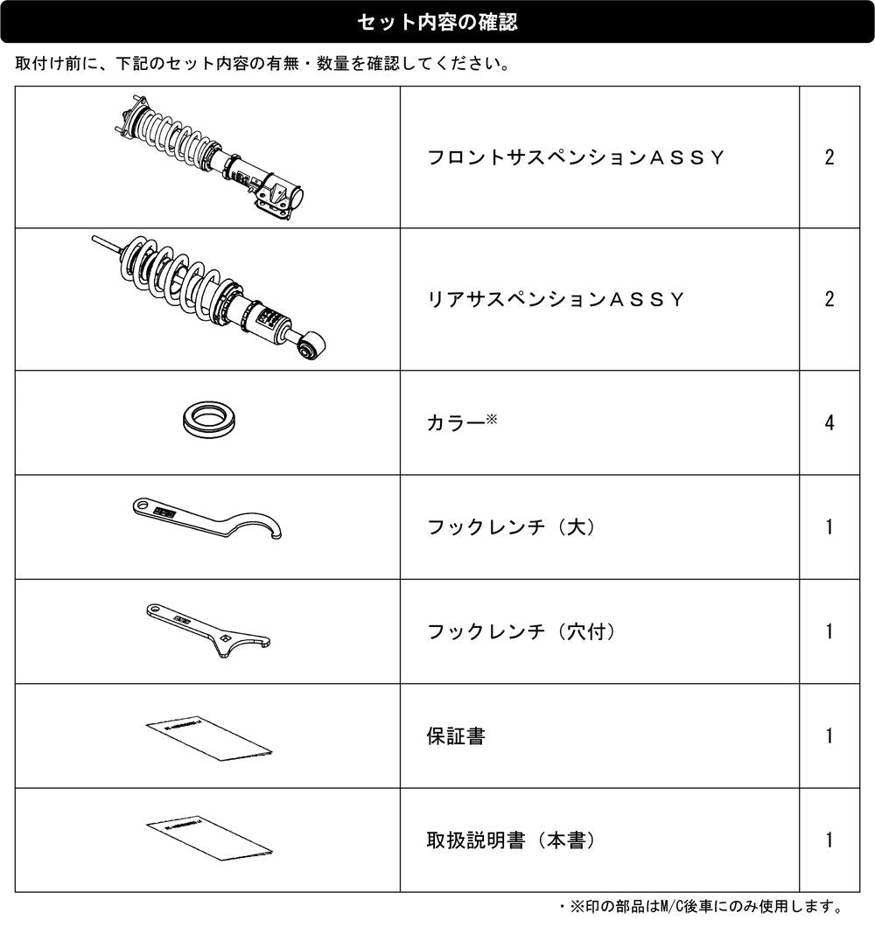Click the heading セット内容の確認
(437, 22)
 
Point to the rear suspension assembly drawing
(208, 297)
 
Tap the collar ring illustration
(208, 419)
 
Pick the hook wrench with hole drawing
(207, 629)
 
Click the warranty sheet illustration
(209, 739)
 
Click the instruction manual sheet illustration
(209, 840)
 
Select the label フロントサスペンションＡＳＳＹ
(576, 157)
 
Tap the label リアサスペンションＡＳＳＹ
(556, 299)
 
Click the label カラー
(456, 422)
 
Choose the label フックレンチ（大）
(511, 526)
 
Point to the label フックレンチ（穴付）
(521, 631)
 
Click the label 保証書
(456, 736)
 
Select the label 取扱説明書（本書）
(511, 840)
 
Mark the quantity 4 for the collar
(829, 422)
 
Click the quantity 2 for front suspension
(829, 157)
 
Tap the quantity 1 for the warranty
(829, 736)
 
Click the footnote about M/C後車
(702, 906)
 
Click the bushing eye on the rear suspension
(311, 347)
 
